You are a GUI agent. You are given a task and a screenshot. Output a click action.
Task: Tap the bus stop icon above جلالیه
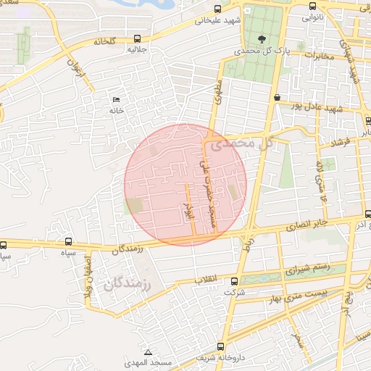click(137, 38)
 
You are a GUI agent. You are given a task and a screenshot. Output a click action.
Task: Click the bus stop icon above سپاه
click(69, 241)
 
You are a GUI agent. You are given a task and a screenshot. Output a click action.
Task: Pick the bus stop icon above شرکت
click(233, 282)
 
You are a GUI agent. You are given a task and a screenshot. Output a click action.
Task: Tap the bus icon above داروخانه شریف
click(220, 346)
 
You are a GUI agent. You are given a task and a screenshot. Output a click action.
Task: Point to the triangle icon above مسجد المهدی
click(148, 351)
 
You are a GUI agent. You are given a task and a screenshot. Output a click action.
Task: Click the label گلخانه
click(104, 42)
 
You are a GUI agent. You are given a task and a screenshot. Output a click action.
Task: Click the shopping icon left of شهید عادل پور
click(278, 97)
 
